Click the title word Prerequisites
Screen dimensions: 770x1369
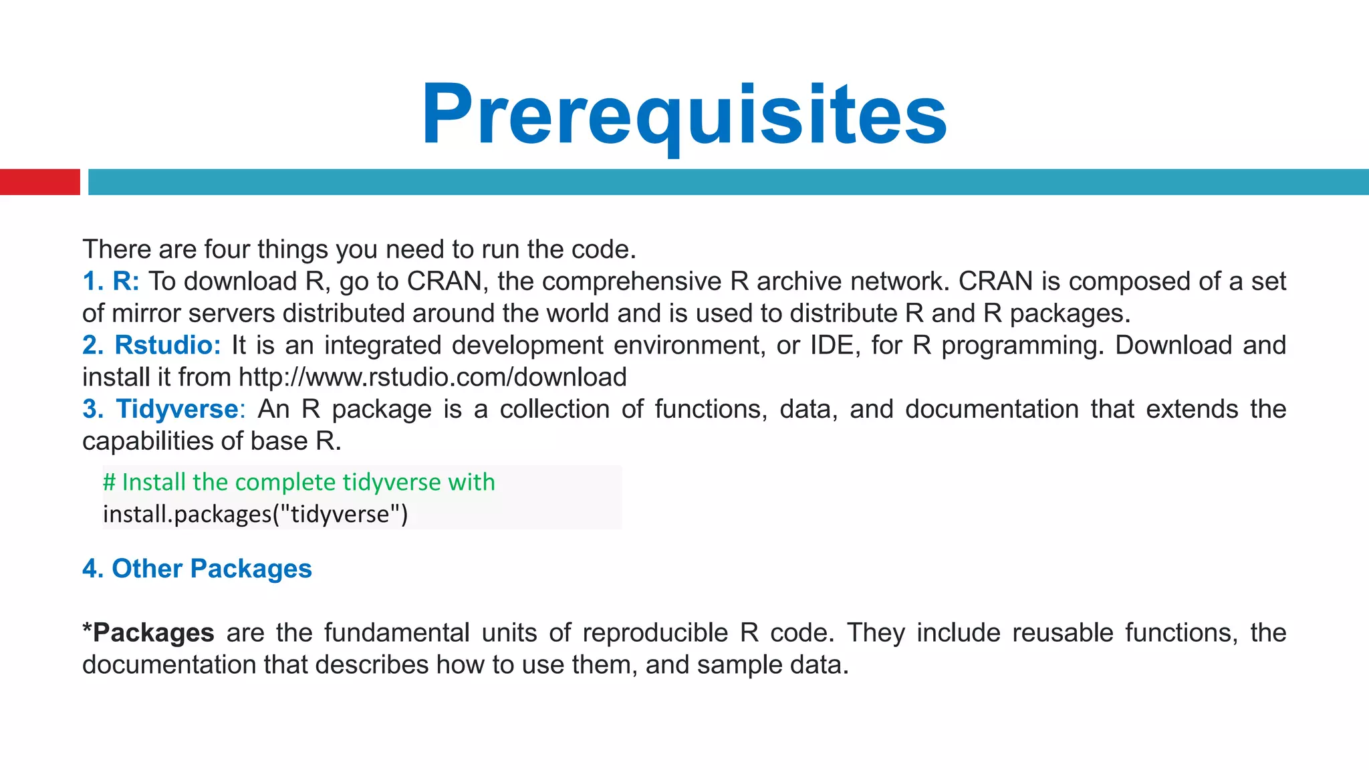pyautogui.click(x=684, y=115)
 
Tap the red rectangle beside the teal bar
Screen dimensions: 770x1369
pyautogui.click(x=39, y=182)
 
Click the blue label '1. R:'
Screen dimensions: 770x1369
pyautogui.click(x=111, y=281)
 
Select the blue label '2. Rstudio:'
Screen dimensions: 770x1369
pyautogui.click(x=151, y=346)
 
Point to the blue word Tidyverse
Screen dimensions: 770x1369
pyautogui.click(x=177, y=409)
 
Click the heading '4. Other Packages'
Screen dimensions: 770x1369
pyautogui.click(x=197, y=569)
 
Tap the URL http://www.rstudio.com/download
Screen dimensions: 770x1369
pyautogui.click(x=432, y=378)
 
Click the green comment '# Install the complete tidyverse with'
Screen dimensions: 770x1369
pyautogui.click(x=299, y=482)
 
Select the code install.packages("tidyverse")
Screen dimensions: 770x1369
pyautogui.click(x=255, y=514)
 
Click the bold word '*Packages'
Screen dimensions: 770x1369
pyautogui.click(x=148, y=633)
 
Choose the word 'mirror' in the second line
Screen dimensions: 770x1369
pyautogui.click(x=146, y=313)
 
